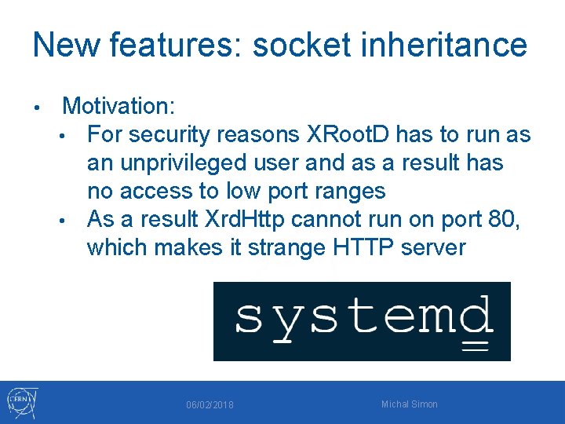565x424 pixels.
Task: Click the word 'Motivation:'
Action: [x=119, y=106]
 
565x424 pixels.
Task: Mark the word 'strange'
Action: [x=288, y=247]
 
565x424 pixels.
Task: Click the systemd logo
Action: [x=362, y=321]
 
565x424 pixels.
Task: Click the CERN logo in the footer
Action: [x=21, y=402]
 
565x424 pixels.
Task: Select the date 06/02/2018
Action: [x=210, y=405]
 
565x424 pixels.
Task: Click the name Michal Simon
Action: [x=409, y=404]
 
